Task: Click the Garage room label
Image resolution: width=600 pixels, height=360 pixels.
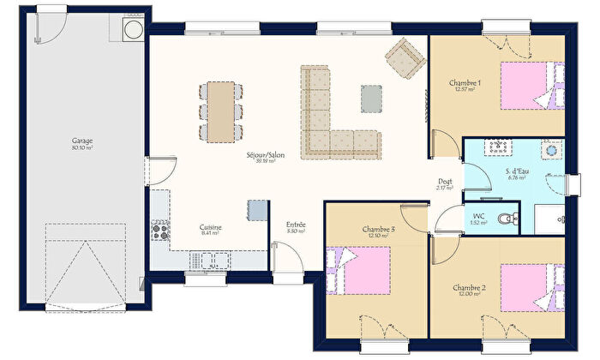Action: tap(82, 142)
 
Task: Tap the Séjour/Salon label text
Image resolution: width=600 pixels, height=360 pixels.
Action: tap(266, 157)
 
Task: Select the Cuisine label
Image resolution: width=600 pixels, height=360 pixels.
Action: tap(210, 229)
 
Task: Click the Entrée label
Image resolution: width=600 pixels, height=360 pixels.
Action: tap(296, 226)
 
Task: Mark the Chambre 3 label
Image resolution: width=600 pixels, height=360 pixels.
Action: tap(378, 231)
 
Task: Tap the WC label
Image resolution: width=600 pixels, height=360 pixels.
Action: tap(478, 218)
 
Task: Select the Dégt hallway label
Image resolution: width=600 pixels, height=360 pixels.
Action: tap(445, 183)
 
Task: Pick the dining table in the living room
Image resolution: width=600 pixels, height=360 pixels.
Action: tap(222, 111)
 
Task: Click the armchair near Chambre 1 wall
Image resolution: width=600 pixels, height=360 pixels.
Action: tap(405, 56)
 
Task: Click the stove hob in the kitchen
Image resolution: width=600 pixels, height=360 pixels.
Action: tap(159, 229)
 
